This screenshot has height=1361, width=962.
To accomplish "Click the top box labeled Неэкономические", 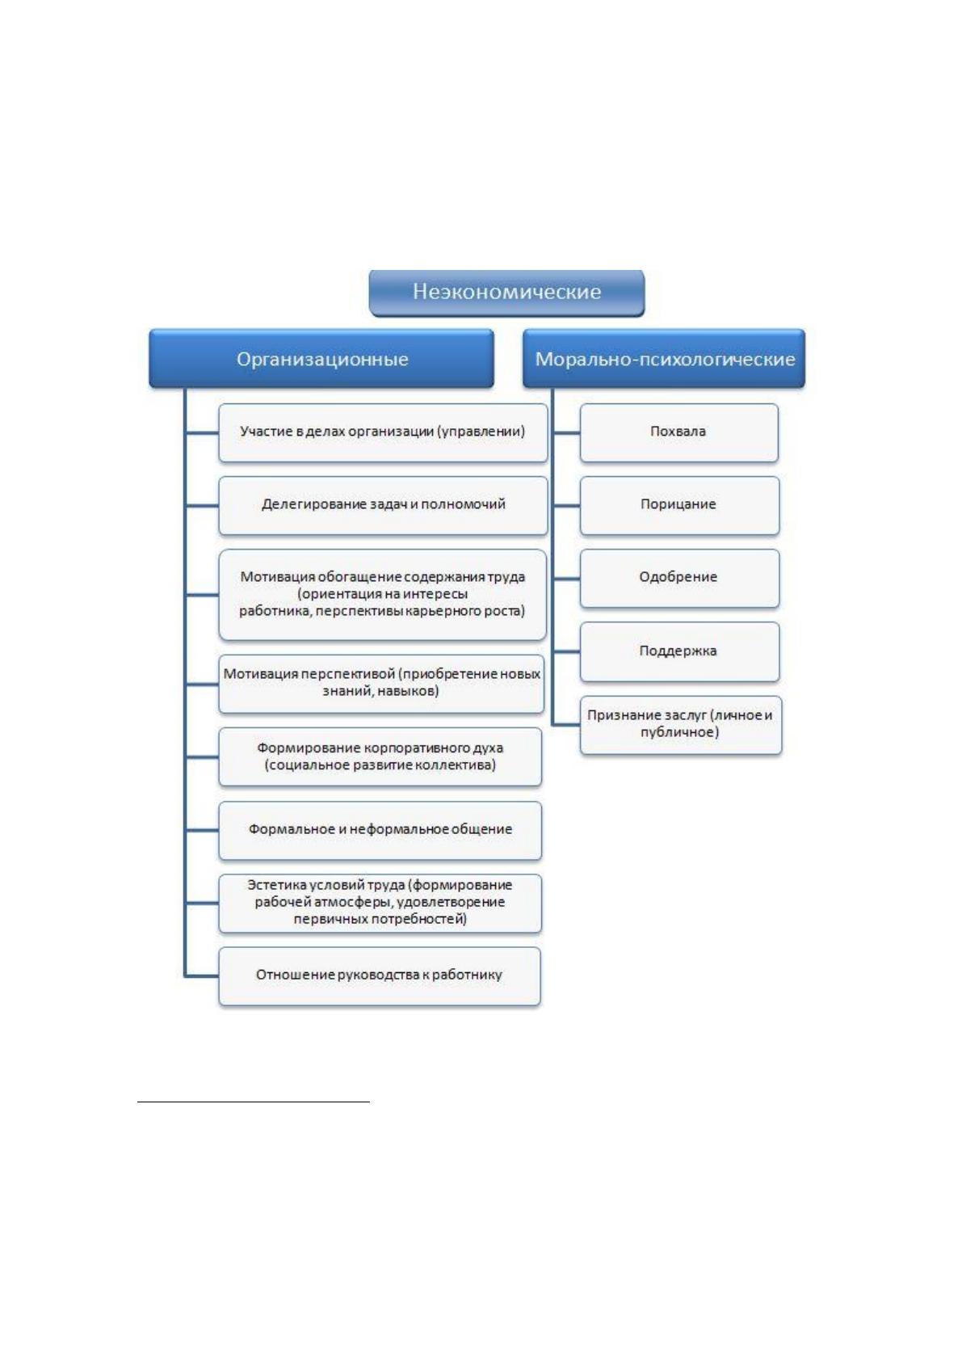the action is coord(506,293).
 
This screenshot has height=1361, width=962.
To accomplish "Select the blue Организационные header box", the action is coord(321,359).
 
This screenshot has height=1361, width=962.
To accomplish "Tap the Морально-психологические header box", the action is coord(664,359).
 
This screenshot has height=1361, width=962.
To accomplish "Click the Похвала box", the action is coord(678,432).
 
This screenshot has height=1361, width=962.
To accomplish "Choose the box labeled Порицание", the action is coord(679,505).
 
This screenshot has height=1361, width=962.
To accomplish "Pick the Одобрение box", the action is coord(679,578).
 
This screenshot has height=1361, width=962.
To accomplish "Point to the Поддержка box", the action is coord(679,651).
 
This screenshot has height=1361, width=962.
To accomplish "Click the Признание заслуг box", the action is coord(680,725).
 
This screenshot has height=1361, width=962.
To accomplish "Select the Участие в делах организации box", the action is coord(383,432).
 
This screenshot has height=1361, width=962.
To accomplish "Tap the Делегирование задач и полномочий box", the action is coord(383,505).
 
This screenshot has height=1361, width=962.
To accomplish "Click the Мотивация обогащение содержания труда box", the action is coord(382,594).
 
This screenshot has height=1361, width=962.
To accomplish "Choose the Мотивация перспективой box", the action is coord(380,684).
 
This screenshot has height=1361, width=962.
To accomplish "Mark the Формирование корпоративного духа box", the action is coord(380,756).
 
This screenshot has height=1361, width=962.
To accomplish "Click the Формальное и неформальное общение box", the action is coord(380,830).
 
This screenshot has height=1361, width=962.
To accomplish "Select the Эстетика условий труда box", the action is coord(380,903).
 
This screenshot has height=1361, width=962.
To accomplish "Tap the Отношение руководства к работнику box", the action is coord(379,975).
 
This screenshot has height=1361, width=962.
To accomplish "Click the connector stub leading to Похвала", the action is coord(566,432).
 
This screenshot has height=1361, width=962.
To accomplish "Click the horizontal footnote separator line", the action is coord(254,1101).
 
